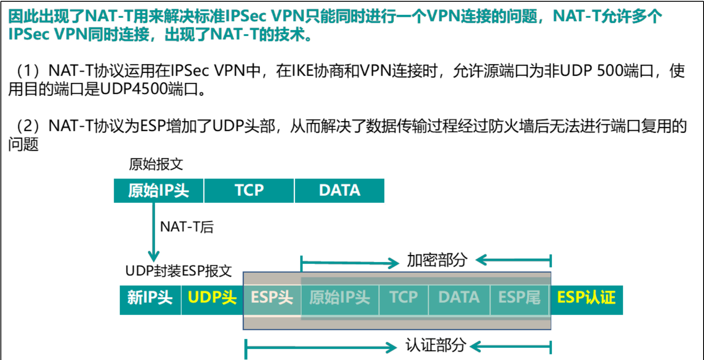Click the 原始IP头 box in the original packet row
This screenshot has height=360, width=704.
click(x=158, y=191)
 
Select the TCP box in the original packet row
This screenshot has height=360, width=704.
click(x=249, y=191)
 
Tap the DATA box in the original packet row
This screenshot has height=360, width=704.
click(x=339, y=191)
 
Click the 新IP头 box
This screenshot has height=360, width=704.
click(x=150, y=298)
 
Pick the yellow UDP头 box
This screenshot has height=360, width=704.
click(x=212, y=298)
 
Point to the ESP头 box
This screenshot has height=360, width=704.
click(x=272, y=298)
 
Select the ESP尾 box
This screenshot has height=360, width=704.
click(x=519, y=298)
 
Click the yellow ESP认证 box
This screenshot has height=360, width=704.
click(x=586, y=298)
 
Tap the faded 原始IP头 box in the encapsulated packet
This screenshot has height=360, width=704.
click(x=340, y=298)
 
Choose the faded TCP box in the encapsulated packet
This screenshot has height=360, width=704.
click(x=403, y=298)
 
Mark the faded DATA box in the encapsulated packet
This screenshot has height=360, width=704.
click(x=459, y=298)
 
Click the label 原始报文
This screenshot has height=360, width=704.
click(x=156, y=164)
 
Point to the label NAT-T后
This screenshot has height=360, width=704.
click(x=187, y=227)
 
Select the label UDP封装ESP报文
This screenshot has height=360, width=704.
click(x=178, y=271)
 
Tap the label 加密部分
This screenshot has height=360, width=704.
click(x=437, y=260)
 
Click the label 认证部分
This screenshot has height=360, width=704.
click(x=436, y=345)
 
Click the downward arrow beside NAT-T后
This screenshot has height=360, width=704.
click(x=153, y=233)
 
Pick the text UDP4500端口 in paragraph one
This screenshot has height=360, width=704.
click(x=149, y=89)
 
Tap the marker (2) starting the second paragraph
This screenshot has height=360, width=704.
click(x=28, y=126)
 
